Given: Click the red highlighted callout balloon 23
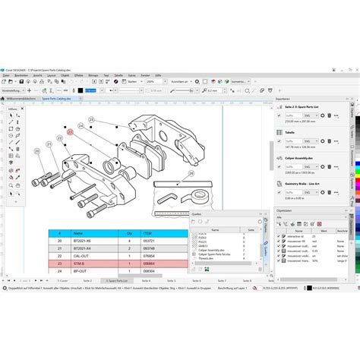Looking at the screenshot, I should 70,131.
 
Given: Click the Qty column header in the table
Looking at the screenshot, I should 129,234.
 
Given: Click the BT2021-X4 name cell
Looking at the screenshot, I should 82,248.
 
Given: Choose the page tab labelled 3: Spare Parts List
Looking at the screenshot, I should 113,279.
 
